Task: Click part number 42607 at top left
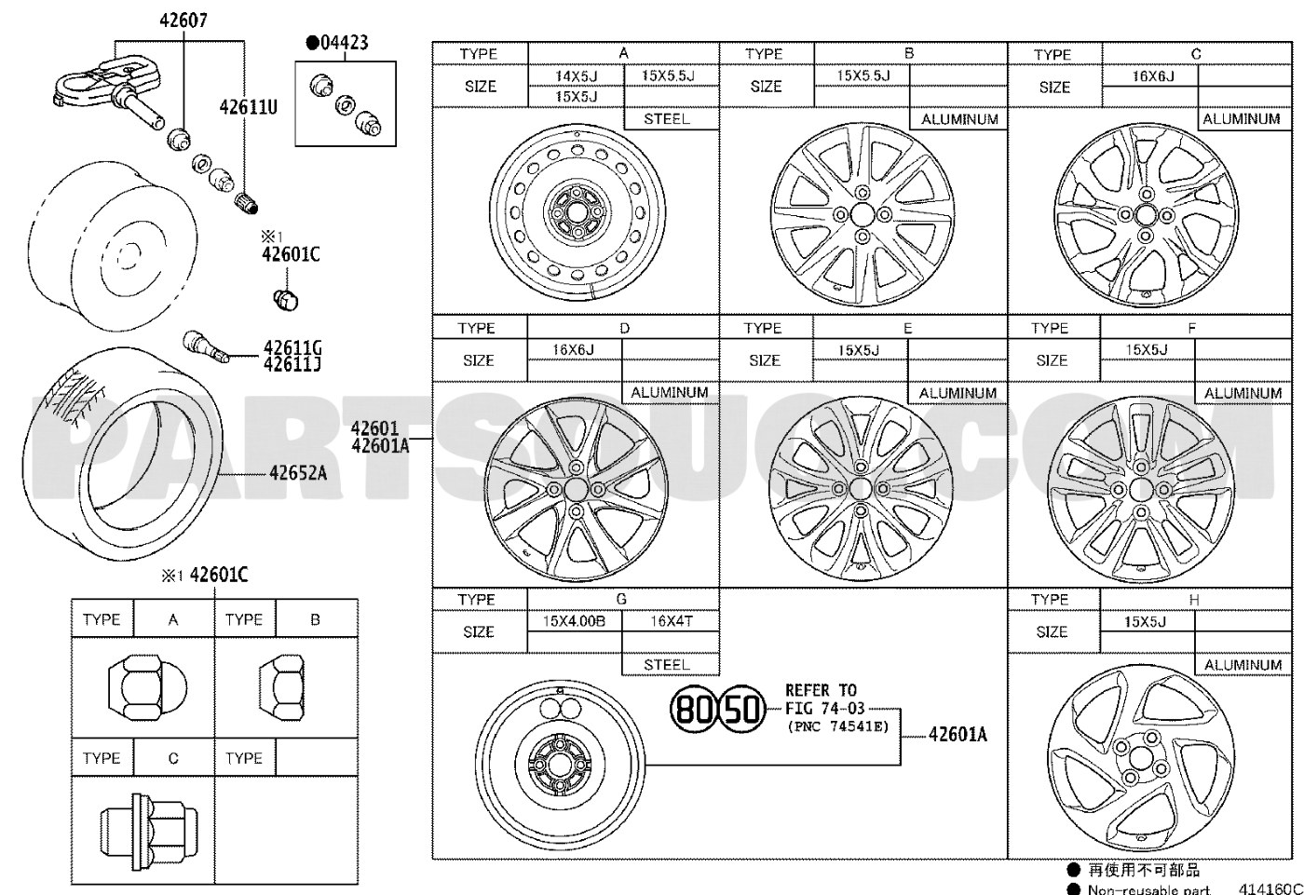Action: coord(183,20)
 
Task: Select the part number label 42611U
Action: coord(248,107)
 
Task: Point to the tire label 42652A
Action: coord(297,473)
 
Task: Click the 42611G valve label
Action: coord(292,348)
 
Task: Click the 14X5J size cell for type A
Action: coord(576,76)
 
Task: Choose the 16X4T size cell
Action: coord(671,621)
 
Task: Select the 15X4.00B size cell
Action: coord(574,621)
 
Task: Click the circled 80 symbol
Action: coord(694,710)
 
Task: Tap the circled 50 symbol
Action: coord(742,710)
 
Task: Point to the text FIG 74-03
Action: coord(824,709)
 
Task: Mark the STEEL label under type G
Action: coord(667,665)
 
